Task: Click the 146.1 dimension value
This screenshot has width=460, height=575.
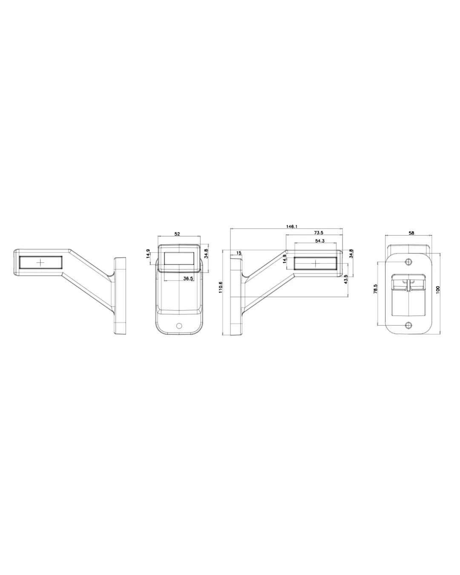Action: tap(292, 227)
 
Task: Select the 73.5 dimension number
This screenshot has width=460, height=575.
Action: tap(318, 233)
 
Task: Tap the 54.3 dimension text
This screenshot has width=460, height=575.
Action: tap(320, 241)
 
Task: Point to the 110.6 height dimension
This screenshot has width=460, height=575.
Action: tap(221, 287)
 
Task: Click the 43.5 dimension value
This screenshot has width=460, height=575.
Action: tap(346, 279)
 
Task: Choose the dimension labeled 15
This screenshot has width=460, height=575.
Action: tap(239, 253)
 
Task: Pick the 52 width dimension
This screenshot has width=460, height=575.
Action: tap(177, 234)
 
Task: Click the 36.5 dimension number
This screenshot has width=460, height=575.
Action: tap(188, 279)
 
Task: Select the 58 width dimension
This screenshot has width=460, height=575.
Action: tap(411, 233)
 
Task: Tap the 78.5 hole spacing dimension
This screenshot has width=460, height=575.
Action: tap(376, 289)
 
